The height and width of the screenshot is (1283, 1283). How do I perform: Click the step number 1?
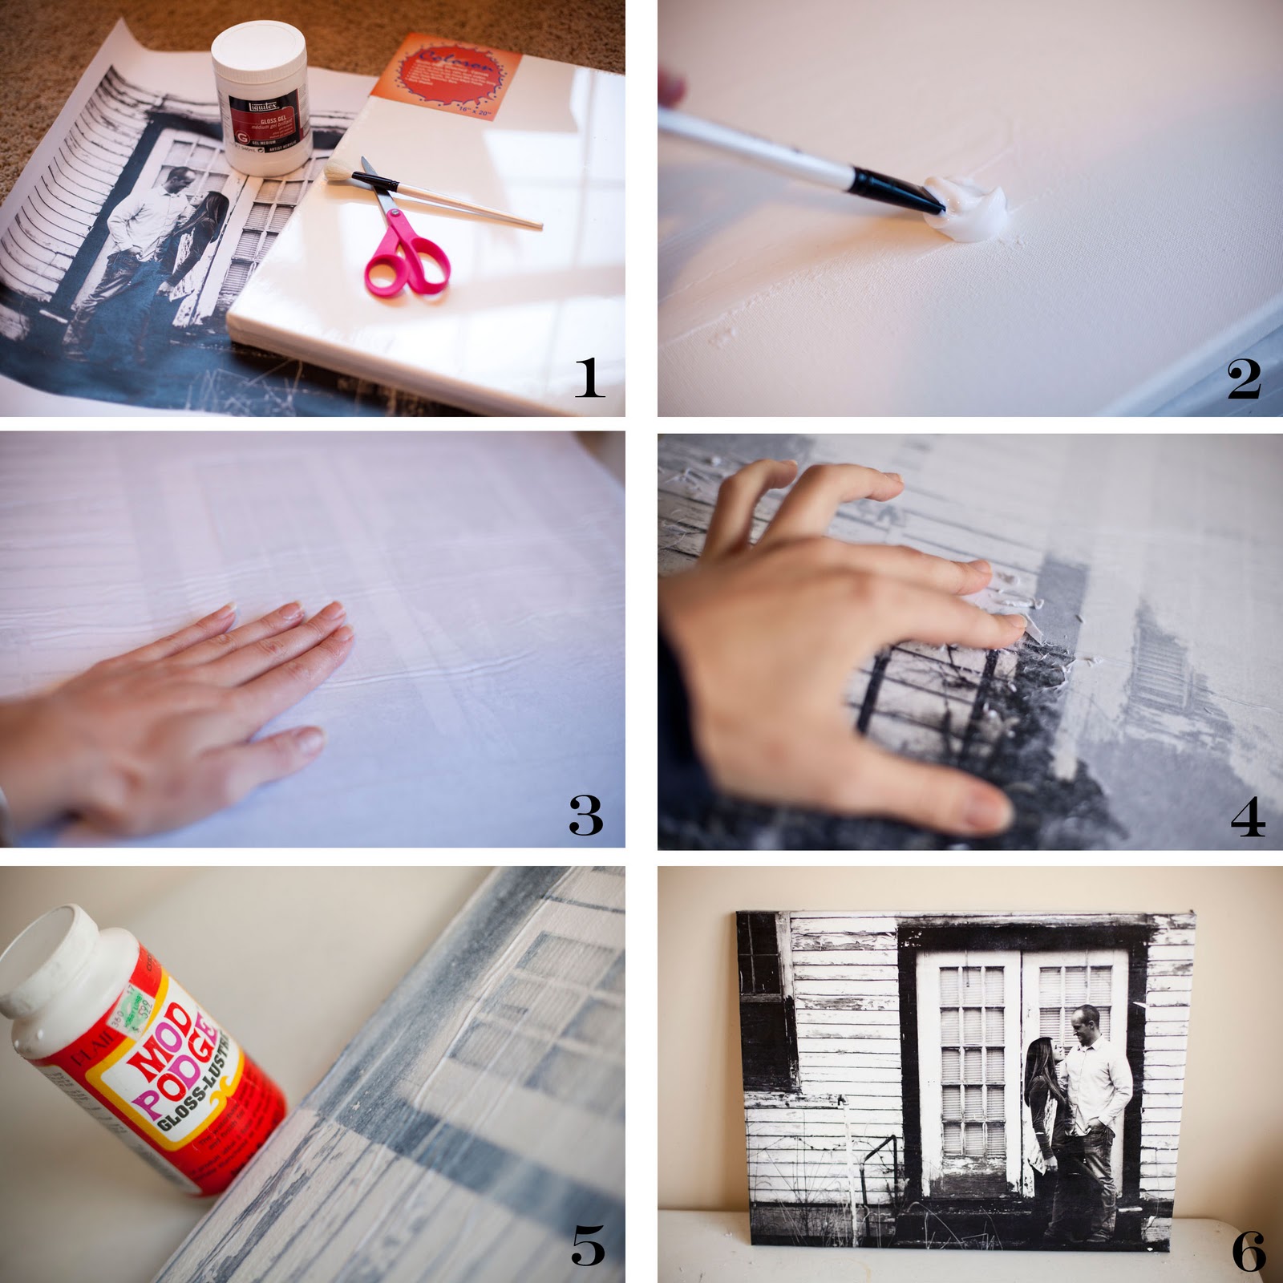pyautogui.click(x=589, y=378)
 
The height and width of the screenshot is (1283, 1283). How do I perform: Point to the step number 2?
pyautogui.click(x=1244, y=379)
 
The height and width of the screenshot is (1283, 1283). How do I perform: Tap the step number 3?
pyautogui.click(x=585, y=816)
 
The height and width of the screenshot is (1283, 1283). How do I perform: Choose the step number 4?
pyautogui.click(x=1248, y=817)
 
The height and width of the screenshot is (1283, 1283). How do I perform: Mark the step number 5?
pyautogui.click(x=588, y=1246)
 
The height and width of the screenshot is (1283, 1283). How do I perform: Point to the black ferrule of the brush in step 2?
pyautogui.click(x=890, y=187)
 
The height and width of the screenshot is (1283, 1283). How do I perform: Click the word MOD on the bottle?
pyautogui.click(x=165, y=1042)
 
